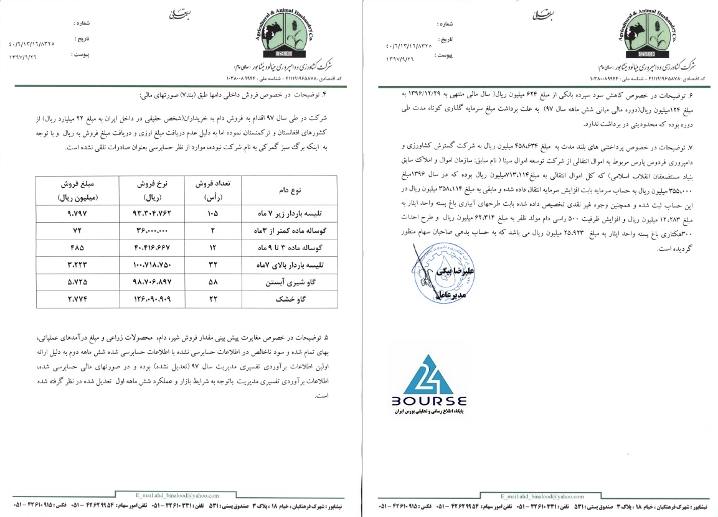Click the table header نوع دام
[x=281, y=189]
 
